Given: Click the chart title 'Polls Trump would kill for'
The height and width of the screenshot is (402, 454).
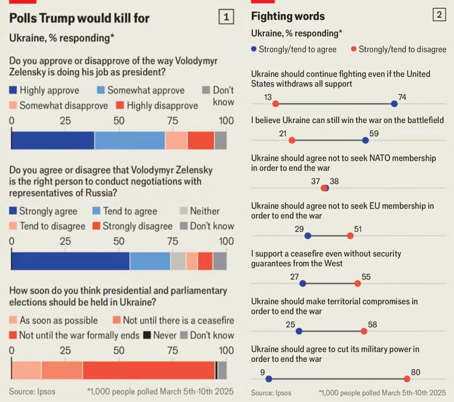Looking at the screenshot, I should (80, 18).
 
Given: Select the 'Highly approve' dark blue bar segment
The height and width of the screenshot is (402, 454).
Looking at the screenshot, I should (53, 141).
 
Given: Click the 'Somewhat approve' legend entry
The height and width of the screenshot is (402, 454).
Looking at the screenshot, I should (140, 90).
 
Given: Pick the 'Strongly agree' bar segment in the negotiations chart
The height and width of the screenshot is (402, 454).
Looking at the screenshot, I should (70, 261).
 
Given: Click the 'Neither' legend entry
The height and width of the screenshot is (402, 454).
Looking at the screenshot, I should (199, 211).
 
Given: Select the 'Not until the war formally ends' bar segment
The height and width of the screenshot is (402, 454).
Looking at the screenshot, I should (149, 370).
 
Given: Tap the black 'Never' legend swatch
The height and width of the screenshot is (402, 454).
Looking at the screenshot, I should (147, 335).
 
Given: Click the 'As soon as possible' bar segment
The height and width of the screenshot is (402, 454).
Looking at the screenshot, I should (26, 370).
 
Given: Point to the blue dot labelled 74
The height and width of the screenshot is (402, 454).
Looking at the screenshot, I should (394, 103).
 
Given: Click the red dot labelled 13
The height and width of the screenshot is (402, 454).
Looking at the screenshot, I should (276, 103).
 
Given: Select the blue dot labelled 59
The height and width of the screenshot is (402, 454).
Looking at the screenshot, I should (366, 141).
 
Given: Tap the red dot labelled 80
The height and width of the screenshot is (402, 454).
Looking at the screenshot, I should (407, 379).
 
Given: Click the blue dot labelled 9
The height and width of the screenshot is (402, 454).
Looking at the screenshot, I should (268, 379).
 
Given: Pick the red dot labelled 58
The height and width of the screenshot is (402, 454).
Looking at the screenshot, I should (363, 331).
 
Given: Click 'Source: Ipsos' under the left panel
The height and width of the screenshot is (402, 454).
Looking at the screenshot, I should (32, 392).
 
